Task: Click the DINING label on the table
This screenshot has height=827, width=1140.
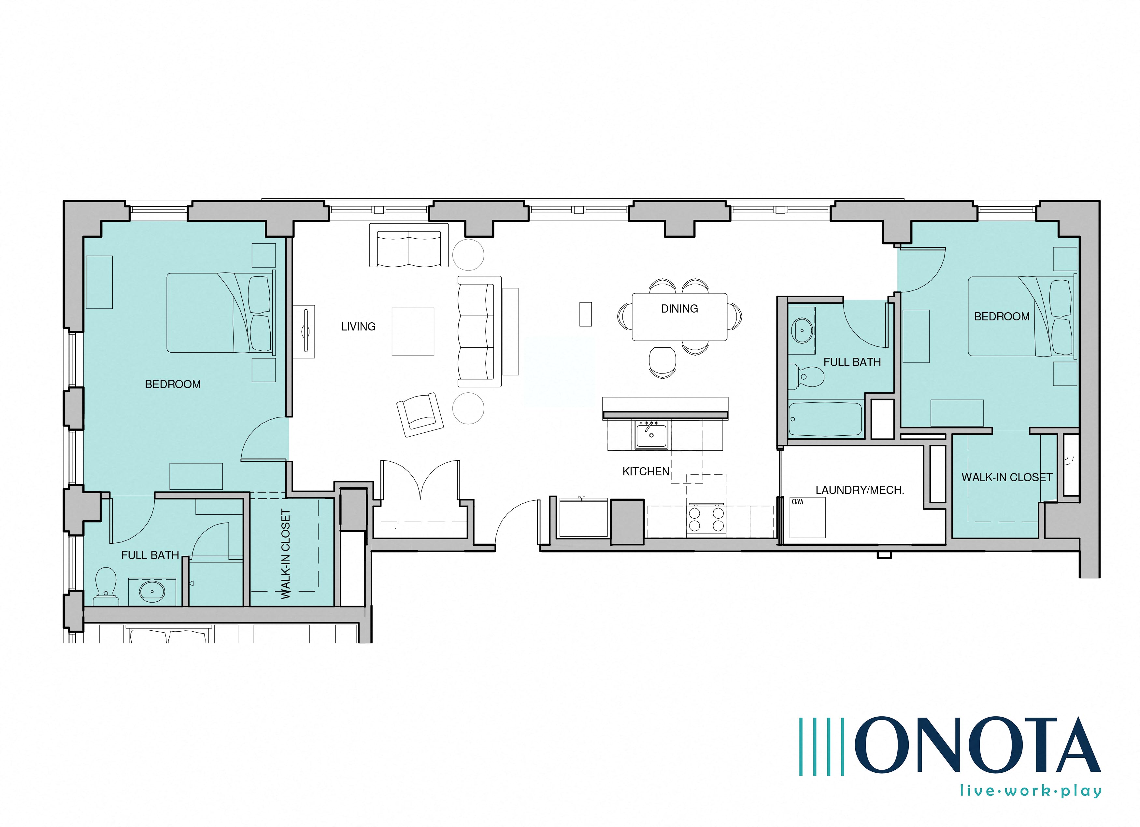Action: (679, 308)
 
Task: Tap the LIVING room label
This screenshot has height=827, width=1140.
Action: (358, 327)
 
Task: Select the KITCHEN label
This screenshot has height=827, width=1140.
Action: (646, 471)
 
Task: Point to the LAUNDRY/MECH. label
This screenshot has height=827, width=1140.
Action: (860, 490)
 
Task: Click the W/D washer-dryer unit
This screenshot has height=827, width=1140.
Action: (807, 517)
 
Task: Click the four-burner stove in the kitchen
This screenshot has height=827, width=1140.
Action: (706, 519)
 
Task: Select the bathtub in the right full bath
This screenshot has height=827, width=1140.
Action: (824, 418)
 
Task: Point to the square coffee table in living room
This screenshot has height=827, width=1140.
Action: (413, 331)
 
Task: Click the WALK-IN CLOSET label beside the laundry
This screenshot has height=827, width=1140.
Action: (1007, 477)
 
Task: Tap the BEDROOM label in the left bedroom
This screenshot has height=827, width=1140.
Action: (173, 384)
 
